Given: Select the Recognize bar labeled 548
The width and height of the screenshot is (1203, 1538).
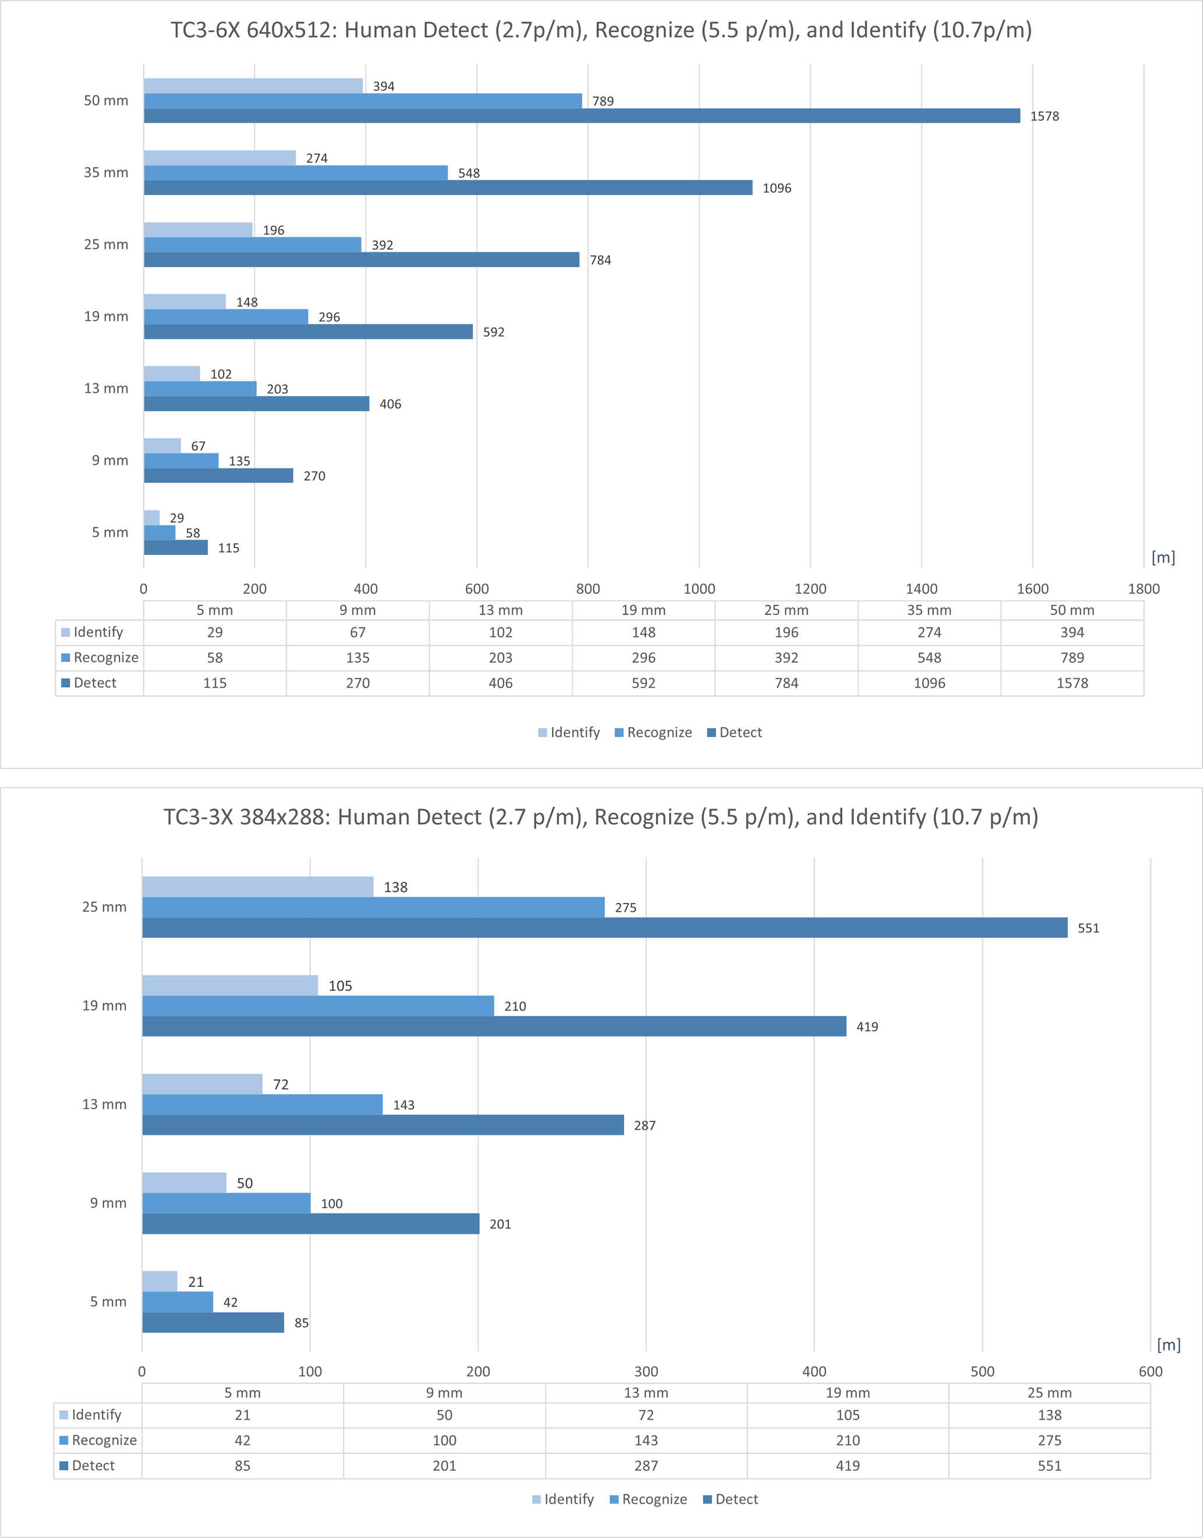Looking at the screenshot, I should click(296, 172).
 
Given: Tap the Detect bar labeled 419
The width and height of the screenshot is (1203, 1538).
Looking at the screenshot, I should click(494, 1026).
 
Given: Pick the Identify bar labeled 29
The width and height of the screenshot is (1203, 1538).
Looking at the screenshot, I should click(151, 518).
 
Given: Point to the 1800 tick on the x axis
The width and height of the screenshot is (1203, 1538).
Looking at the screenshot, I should click(1143, 589).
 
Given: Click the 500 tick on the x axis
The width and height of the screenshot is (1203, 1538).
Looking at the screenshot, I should click(982, 1371).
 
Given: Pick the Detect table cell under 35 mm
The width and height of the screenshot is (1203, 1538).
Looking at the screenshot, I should click(929, 683).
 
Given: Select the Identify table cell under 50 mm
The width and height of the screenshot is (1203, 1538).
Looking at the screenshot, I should click(1072, 632).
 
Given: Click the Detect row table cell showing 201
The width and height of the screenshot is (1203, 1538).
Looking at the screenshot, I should click(444, 1465).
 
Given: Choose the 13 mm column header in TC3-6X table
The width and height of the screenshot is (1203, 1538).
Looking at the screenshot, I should click(500, 610).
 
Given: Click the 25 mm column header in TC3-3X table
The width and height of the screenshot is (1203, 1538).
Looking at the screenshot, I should click(1049, 1393).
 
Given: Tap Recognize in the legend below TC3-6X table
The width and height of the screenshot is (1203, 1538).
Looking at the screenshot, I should click(659, 733).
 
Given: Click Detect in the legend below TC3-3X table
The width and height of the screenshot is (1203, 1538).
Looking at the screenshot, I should click(736, 1499).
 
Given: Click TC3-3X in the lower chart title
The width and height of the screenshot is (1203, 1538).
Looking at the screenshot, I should click(197, 817).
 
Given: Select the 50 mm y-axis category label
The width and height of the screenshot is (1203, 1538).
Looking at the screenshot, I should click(105, 101).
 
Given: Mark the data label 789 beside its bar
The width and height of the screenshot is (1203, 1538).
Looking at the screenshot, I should click(603, 101).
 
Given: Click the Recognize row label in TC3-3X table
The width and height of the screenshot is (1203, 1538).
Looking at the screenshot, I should click(104, 1440).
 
